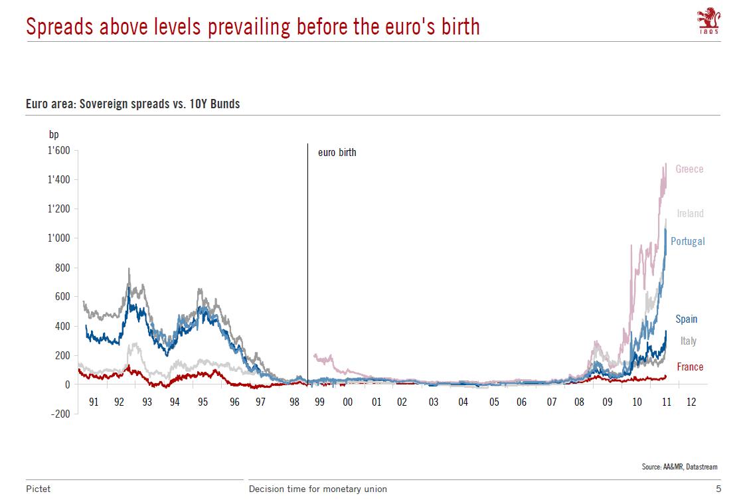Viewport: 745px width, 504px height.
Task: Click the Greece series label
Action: pyautogui.click(x=689, y=169)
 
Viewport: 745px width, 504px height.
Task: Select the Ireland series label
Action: pyautogui.click(x=690, y=213)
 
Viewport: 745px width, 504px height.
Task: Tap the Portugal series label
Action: pyautogui.click(x=687, y=241)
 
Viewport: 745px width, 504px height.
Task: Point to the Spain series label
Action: pyautogui.click(x=687, y=319)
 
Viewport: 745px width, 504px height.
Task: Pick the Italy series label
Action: pyautogui.click(x=688, y=341)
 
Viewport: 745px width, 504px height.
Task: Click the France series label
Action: pyautogui.click(x=690, y=367)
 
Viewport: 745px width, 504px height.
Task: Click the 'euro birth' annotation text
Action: pyautogui.click(x=337, y=153)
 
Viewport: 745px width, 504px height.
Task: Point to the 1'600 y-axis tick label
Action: pyautogui.click(x=59, y=151)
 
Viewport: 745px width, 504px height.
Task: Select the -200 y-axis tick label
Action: pyautogui.click(x=60, y=414)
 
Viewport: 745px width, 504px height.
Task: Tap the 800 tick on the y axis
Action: pyautogui.click(x=62, y=268)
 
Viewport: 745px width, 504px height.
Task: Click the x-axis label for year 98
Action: pyautogui.click(x=295, y=402)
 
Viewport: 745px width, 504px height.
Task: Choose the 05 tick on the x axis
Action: pyautogui.click(x=494, y=402)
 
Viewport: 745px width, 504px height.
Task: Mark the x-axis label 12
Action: pyautogui.click(x=691, y=402)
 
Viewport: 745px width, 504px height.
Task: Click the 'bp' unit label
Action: pyautogui.click(x=54, y=135)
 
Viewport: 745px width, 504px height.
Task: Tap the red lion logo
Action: pyautogui.click(x=708, y=19)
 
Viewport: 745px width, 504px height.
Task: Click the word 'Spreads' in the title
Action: pyautogui.click(x=60, y=27)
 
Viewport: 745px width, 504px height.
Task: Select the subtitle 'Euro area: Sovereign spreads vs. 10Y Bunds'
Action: pyautogui.click(x=133, y=104)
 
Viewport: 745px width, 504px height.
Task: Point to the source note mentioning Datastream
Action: pyautogui.click(x=679, y=467)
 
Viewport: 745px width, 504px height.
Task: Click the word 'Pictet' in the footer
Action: pyautogui.click(x=39, y=489)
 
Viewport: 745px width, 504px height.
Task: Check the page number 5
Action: pyautogui.click(x=718, y=489)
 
